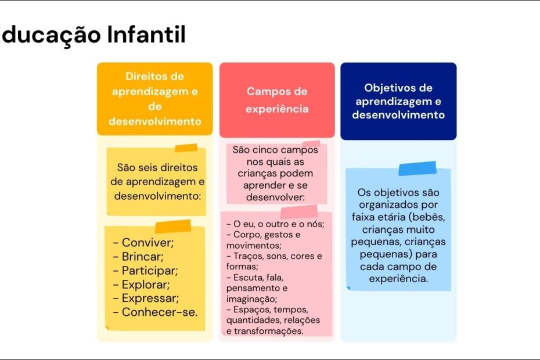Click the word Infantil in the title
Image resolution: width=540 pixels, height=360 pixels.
146,34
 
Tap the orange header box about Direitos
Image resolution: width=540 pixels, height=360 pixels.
154,99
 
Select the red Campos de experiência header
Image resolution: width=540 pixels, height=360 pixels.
277,100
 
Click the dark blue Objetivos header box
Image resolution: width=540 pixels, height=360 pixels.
398,101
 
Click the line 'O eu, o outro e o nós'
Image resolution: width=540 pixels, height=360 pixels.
275,224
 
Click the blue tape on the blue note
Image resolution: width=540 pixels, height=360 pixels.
417,168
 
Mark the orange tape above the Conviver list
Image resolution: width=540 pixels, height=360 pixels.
173,226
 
